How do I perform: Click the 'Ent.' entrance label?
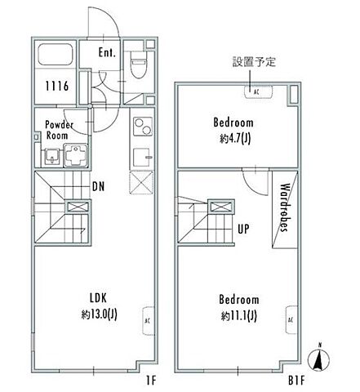pos(107,53)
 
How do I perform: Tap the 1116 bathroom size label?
pos(56,86)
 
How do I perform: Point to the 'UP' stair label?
pos(242,229)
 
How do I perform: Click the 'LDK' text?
pos(99,297)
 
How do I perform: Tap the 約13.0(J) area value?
pos(99,314)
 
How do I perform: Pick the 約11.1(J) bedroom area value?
pos(240,315)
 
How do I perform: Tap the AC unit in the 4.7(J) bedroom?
pos(256,92)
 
